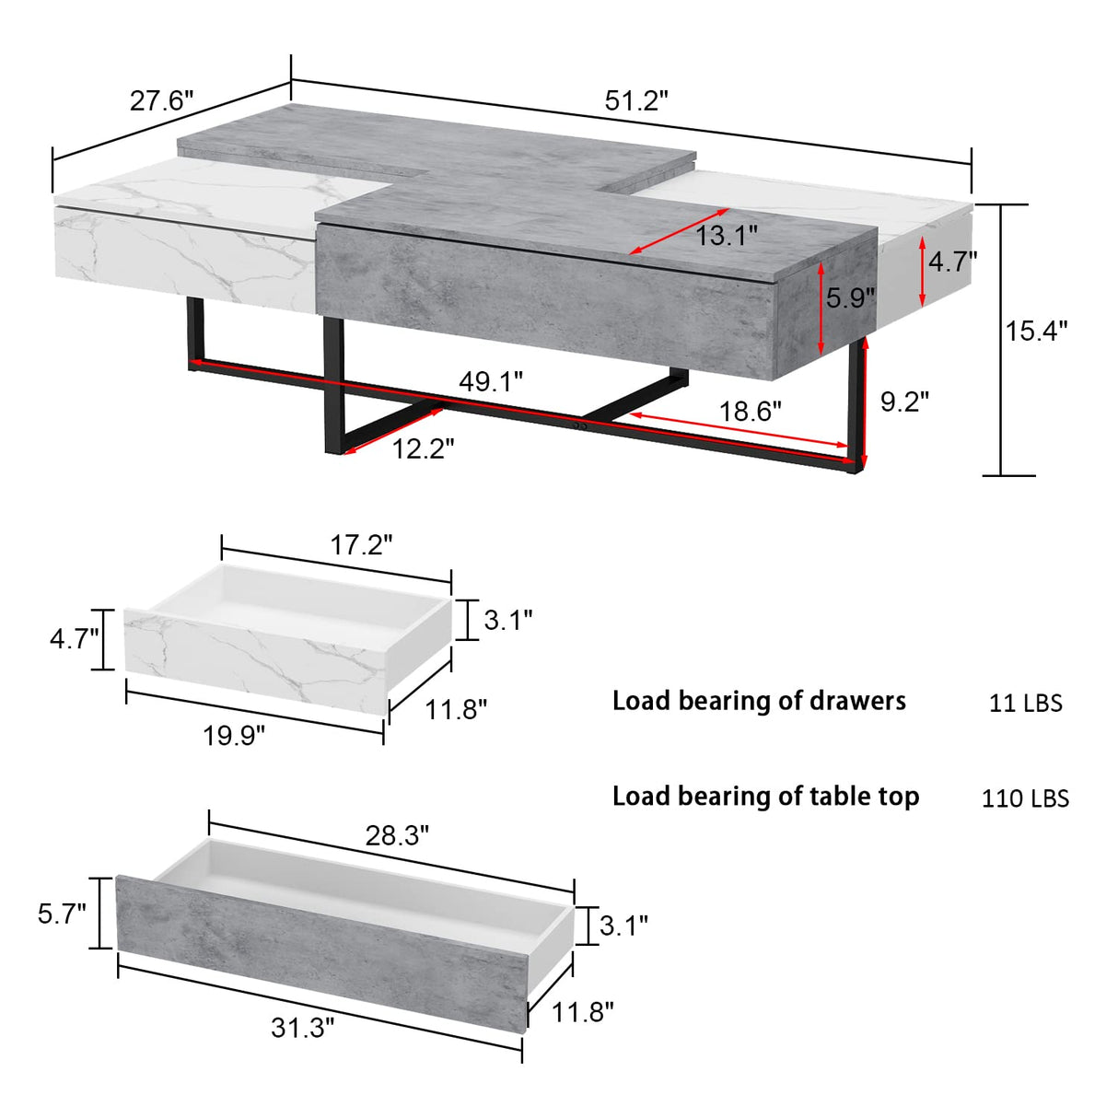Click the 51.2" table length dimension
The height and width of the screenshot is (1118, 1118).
click(x=635, y=101)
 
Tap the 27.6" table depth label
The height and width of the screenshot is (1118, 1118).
click(x=161, y=100)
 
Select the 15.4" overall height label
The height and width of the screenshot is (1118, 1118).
click(x=1036, y=331)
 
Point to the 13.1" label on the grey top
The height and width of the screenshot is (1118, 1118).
click(x=726, y=236)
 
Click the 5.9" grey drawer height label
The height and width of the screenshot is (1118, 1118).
click(x=850, y=298)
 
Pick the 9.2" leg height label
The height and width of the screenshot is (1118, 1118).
click(x=904, y=402)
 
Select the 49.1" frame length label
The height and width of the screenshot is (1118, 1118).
click(x=491, y=381)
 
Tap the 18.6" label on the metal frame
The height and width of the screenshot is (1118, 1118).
click(x=750, y=411)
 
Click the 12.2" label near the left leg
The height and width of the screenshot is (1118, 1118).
click(x=423, y=449)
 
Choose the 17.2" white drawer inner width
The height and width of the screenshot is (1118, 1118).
click(x=361, y=545)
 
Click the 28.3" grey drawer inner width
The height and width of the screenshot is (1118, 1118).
click(x=397, y=835)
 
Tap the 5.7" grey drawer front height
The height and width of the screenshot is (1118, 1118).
click(x=62, y=914)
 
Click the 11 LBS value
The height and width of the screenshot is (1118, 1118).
click(x=1025, y=704)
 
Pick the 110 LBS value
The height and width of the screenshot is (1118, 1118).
click(x=1025, y=798)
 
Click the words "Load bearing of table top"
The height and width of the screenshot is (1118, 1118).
click(x=765, y=797)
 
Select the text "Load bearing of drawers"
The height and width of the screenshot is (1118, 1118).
click(x=759, y=702)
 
